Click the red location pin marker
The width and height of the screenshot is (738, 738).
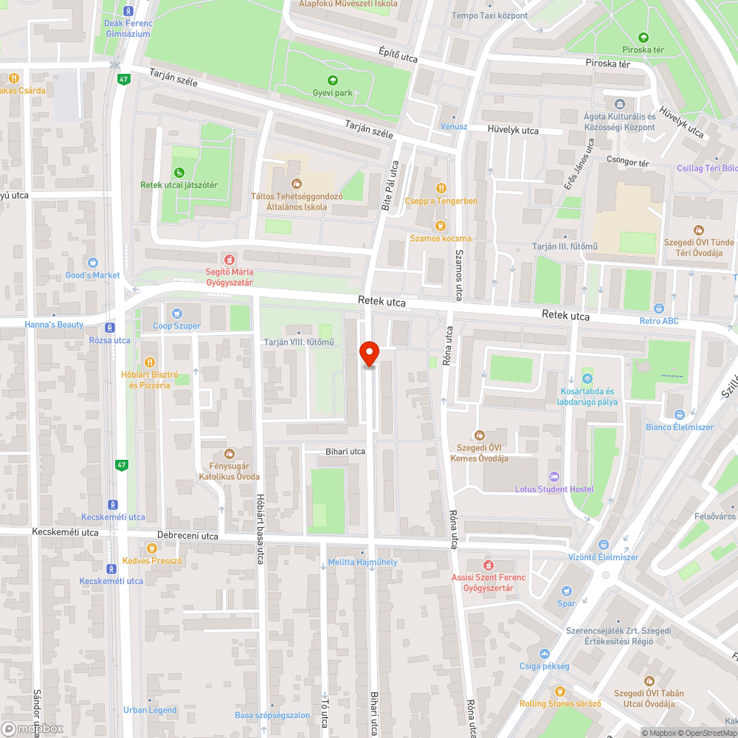(369, 353)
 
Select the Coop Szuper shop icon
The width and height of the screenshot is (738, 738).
(176, 312)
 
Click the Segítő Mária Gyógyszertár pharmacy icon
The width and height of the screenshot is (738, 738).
(229, 260)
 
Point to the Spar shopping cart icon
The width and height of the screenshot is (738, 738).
(566, 590)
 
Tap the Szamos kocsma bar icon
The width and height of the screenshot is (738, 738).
(441, 225)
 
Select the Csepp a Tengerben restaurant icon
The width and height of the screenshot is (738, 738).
(441, 187)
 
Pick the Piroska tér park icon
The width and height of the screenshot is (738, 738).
(644, 37)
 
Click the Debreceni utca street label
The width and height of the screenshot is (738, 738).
(188, 536)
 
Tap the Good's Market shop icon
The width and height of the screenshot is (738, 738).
(92, 262)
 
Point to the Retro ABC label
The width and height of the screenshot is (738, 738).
(659, 321)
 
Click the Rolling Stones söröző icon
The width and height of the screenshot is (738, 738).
(559, 691)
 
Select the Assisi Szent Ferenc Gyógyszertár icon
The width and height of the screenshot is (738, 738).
(488, 565)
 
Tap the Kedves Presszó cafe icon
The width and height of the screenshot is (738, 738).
(151, 548)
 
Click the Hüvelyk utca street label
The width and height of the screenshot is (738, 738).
(513, 131)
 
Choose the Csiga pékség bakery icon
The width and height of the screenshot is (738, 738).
(544, 654)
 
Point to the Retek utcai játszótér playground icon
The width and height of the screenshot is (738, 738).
(179, 173)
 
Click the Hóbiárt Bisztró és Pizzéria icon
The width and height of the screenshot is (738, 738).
(150, 362)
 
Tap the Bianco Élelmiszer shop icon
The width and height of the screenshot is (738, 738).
(679, 414)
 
